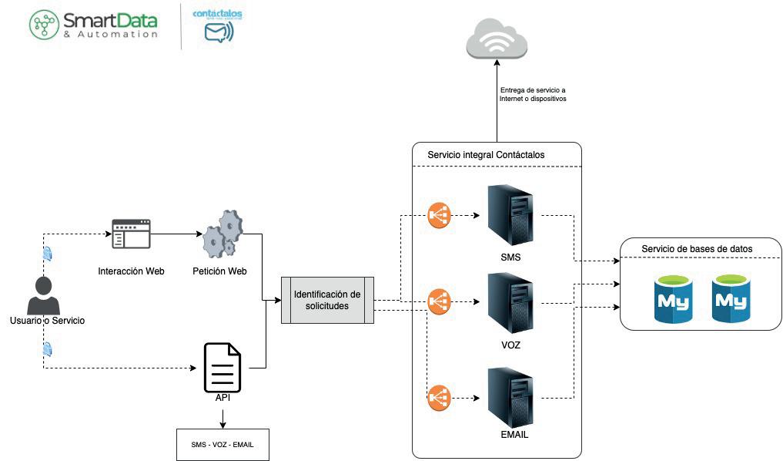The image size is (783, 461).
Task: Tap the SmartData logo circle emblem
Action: (44, 24)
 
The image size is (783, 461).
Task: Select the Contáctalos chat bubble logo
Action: (219, 32)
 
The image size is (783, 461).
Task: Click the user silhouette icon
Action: (43, 294)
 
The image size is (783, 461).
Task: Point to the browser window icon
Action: (131, 234)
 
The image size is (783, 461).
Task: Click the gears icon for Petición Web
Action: (222, 236)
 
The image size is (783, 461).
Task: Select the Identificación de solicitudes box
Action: (327, 300)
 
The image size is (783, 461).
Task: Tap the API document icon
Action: (222, 368)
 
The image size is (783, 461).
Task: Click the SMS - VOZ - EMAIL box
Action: (223, 445)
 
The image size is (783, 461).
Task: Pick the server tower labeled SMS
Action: (510, 215)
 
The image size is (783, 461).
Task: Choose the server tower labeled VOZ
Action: (510, 304)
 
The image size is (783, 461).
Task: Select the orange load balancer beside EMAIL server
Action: (439, 398)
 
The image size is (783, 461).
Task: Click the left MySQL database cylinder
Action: (672, 298)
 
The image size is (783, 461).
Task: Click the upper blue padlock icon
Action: (48, 254)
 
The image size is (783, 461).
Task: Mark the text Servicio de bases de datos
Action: (697, 248)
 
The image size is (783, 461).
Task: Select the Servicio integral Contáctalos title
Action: (486, 155)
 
